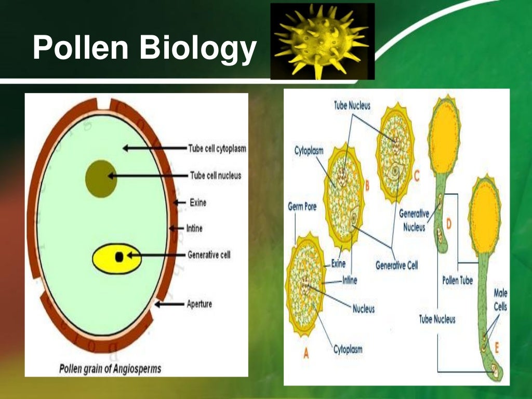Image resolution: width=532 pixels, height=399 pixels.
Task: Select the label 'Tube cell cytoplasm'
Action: (x=217, y=149)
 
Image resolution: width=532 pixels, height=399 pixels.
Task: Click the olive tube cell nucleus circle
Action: (x=100, y=178)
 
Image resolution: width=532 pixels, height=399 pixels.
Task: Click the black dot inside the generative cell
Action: (x=119, y=257)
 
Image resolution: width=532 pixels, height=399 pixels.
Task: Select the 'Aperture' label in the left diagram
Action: (x=199, y=304)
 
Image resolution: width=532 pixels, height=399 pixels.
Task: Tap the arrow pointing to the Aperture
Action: (x=169, y=304)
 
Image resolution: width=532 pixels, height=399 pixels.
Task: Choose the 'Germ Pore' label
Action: (x=302, y=207)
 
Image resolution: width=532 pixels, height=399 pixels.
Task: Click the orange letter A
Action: (x=306, y=353)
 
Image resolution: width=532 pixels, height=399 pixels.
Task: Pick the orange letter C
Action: (x=417, y=177)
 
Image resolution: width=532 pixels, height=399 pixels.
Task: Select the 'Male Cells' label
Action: (x=500, y=300)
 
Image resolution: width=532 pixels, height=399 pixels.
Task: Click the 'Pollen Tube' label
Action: (x=457, y=281)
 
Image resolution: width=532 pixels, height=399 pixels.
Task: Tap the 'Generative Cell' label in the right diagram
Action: (x=396, y=265)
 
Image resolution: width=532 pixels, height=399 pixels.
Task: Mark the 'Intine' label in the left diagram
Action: (x=194, y=228)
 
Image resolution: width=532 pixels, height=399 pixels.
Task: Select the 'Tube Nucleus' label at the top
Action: (x=352, y=106)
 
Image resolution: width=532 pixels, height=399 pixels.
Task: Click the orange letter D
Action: (x=448, y=223)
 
